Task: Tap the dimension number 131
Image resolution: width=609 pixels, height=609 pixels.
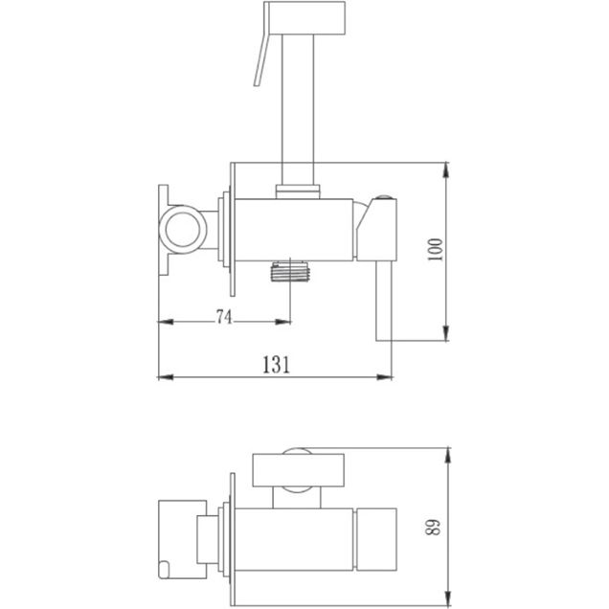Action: tap(274, 363)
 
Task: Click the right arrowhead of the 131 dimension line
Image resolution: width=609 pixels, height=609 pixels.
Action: tap(387, 375)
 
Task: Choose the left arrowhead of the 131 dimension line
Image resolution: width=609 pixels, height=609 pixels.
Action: tap(164, 375)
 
